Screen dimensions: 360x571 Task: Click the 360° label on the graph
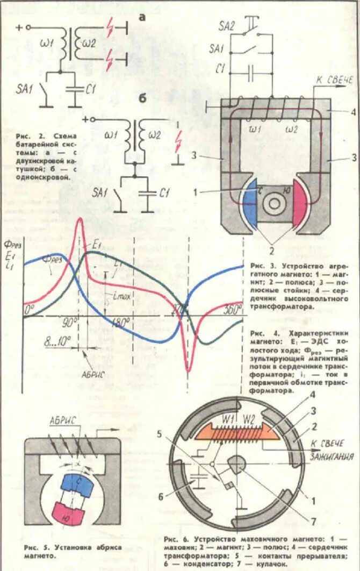point(232,310)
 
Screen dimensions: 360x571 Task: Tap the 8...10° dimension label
point(59,340)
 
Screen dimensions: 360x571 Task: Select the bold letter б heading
point(143,98)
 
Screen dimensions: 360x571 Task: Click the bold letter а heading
point(142,18)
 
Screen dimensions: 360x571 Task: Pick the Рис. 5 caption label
point(35,548)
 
